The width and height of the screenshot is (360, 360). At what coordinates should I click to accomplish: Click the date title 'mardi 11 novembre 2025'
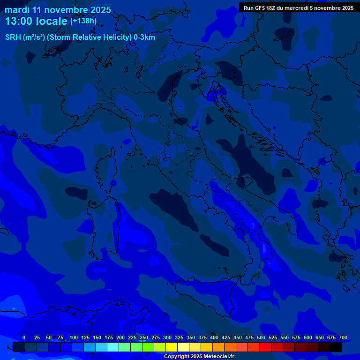[58, 10]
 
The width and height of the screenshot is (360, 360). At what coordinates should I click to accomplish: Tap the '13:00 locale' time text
[36, 21]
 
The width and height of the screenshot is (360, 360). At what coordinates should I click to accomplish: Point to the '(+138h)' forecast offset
[83, 21]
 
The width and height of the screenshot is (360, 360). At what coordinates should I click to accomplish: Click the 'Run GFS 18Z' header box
[298, 8]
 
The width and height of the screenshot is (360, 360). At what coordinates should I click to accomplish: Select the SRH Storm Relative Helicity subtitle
[80, 37]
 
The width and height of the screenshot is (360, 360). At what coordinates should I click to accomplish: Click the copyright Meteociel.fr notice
[199, 357]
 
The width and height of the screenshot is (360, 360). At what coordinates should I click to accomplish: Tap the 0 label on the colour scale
[24, 337]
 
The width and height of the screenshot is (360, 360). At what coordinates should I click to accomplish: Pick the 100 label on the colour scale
[74, 337]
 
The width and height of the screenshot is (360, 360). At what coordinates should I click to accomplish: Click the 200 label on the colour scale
[120, 337]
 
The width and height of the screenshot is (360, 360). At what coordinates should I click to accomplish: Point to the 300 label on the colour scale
[167, 337]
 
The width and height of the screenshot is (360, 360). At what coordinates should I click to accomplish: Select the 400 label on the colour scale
[214, 337]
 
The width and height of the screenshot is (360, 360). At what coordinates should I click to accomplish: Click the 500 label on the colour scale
[261, 337]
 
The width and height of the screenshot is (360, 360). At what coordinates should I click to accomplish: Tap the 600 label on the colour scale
[308, 337]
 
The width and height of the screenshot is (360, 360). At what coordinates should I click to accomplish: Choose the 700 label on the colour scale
[343, 337]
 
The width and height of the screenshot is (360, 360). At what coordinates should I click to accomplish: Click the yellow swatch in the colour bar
[172, 347]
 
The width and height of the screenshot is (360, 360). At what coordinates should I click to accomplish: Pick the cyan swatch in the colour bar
[113, 347]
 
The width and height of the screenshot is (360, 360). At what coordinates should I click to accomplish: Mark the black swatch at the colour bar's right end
[336, 347]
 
